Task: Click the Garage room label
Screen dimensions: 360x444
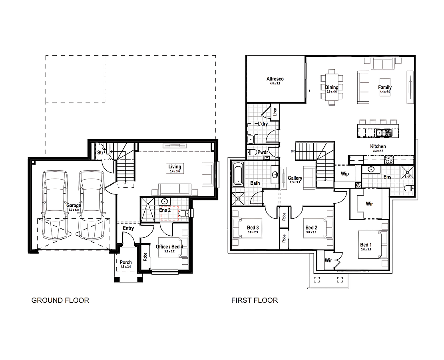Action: (74, 206)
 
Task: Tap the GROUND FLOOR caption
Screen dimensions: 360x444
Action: (60, 300)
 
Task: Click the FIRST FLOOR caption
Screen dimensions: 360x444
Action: (254, 300)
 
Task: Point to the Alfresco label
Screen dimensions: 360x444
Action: (275, 79)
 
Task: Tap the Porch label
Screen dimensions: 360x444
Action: (126, 262)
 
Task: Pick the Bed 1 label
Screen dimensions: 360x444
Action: (366, 245)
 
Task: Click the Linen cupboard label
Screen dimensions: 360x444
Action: (275, 112)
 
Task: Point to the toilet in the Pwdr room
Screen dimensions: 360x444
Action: (252, 152)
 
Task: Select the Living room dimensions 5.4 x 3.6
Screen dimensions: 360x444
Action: (175, 171)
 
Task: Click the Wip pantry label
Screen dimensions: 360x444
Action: (344, 174)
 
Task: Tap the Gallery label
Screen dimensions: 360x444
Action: (295, 178)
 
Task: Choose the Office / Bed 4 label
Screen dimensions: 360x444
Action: (169, 247)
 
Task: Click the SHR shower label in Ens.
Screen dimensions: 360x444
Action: (407, 176)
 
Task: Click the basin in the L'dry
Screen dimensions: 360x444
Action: (251, 139)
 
